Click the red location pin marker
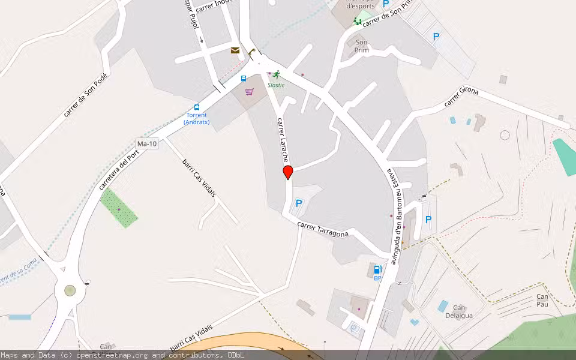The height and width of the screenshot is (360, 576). (288, 172)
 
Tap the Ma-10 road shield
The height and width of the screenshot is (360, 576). (147, 144)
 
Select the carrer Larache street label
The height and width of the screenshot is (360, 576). (283, 140)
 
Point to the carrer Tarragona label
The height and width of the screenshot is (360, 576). (323, 229)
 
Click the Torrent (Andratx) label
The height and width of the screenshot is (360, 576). (196, 118)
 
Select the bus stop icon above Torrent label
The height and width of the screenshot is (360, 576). (197, 107)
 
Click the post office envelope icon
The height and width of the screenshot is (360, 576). (235, 50)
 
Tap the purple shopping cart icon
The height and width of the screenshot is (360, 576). (249, 92)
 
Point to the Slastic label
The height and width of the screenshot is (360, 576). (276, 85)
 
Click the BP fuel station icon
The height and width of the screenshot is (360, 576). (378, 270)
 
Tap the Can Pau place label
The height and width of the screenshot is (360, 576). (542, 301)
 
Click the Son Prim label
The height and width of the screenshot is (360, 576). (361, 46)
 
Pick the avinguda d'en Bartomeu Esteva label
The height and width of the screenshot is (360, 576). (395, 215)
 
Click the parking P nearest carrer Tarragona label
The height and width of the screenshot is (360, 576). (299, 204)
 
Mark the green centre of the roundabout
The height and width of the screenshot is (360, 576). (70, 290)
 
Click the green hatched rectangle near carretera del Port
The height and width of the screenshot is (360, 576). (118, 208)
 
